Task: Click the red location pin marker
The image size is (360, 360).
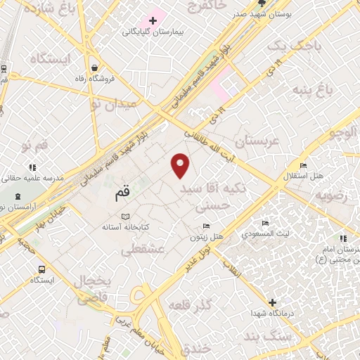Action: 181,165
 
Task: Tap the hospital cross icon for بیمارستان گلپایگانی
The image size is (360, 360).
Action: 153,20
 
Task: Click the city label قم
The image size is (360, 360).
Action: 122,192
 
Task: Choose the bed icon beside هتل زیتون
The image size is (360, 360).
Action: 205,226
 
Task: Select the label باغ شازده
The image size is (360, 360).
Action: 48,9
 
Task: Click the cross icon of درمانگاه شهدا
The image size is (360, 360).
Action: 272,302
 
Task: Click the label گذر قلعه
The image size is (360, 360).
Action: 190,305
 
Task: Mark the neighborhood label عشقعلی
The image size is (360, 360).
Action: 143,250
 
